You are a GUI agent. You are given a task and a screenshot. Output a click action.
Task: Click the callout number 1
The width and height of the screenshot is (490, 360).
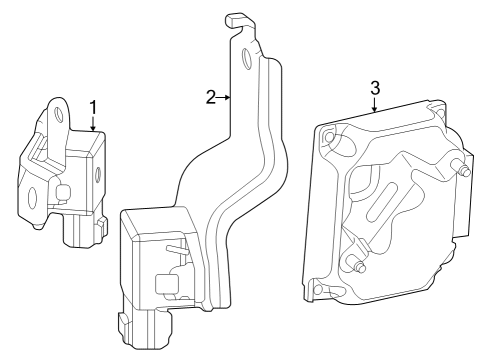pos(93,107)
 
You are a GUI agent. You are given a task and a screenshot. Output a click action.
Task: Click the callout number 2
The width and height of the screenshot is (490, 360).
pos(211,97)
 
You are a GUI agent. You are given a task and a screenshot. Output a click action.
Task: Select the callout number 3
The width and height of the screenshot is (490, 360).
pos(375,88)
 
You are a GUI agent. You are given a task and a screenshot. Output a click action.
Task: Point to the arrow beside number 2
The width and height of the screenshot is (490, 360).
pos(226,98)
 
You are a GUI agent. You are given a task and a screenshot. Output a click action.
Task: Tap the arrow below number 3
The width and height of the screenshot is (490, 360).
pos(375,108)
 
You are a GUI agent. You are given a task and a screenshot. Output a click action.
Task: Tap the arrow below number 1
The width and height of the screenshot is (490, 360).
pos(93,125)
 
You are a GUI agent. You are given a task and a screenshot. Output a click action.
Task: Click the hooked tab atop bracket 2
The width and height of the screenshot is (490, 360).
pos(235,19)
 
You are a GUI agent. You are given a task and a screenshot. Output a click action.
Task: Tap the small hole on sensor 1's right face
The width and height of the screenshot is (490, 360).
pos(99,176)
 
